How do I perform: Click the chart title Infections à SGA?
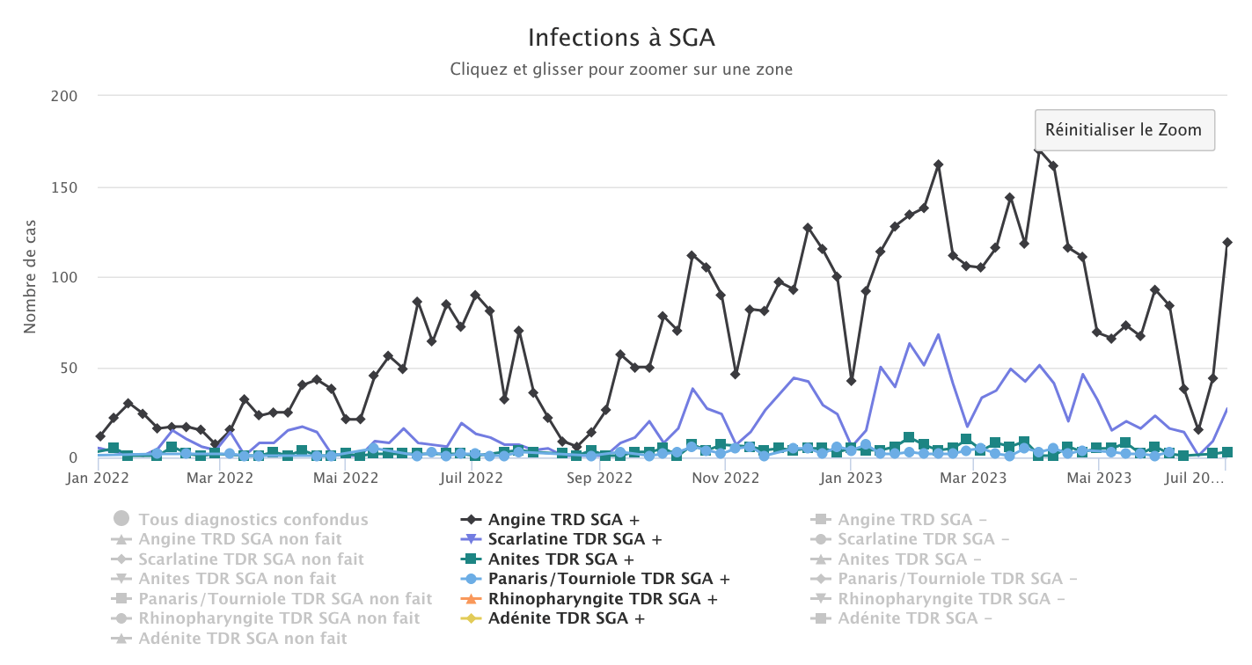(x=621, y=38)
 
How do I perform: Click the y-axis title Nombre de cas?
(x=30, y=276)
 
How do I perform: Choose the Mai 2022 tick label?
(x=346, y=479)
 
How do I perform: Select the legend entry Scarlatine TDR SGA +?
(x=575, y=539)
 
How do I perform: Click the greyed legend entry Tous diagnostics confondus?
(x=253, y=520)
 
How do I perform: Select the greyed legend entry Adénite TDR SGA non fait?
(x=242, y=639)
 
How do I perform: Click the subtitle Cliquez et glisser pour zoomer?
(x=621, y=69)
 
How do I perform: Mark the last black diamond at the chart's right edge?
(x=1227, y=243)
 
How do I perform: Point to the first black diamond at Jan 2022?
(x=100, y=436)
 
